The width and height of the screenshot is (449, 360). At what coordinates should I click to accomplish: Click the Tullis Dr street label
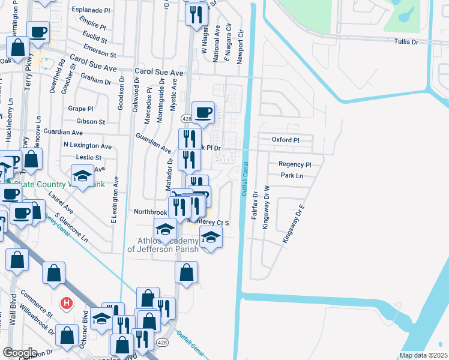coord(406,42)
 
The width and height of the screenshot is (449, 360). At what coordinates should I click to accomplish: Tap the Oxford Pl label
coord(285,140)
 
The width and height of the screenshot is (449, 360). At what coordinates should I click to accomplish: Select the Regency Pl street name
coord(295,164)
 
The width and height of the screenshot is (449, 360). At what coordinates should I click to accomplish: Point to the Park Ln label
coord(292,176)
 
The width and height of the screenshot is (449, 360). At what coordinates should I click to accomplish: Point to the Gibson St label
coord(93,121)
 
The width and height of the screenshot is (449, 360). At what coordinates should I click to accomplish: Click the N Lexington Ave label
coord(88,146)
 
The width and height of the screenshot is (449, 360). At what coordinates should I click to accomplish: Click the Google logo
coord(20,353)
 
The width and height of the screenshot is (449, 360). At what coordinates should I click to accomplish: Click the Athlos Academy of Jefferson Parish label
coord(157,245)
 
